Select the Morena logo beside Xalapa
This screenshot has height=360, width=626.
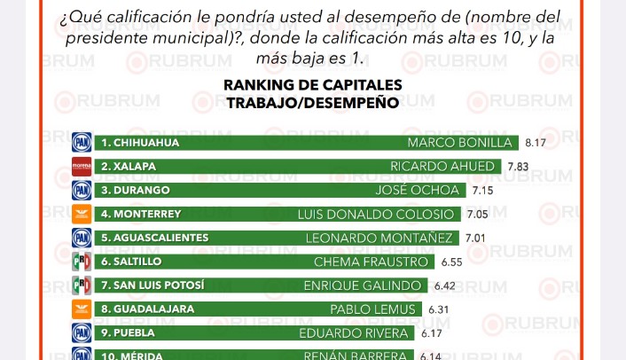[82, 166]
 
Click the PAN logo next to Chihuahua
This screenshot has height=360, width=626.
[82, 142]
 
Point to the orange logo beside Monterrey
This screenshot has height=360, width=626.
[82, 214]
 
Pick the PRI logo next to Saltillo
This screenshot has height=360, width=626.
[82, 262]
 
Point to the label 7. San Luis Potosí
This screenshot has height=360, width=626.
[153, 286]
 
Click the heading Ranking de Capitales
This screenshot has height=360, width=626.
[312, 85]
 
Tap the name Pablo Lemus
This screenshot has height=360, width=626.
[373, 309]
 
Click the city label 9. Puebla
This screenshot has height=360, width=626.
[129, 333]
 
